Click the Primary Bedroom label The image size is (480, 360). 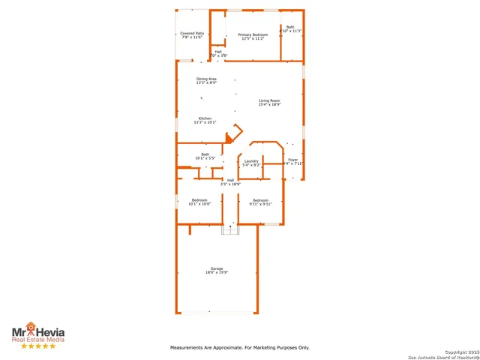click(x=253, y=35)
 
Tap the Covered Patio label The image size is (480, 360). click(x=192, y=34)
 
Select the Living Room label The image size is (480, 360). click(x=269, y=100)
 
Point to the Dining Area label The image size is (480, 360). click(x=206, y=79)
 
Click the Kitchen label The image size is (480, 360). click(x=205, y=118)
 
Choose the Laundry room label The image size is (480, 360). click(x=251, y=160)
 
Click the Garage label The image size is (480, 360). click(x=217, y=268)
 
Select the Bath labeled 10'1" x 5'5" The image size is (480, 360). click(x=205, y=154)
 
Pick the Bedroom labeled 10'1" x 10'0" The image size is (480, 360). click(x=199, y=199)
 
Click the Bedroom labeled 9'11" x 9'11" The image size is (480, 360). click(x=260, y=199)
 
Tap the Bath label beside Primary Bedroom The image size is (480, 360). click(x=291, y=27)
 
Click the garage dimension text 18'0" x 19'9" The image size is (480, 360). click(x=217, y=273)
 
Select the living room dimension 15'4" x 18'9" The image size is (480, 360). click(x=269, y=105)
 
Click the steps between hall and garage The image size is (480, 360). click(x=230, y=230)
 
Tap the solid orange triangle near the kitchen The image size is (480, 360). click(x=230, y=137)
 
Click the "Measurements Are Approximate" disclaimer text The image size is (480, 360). click(x=240, y=347)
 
